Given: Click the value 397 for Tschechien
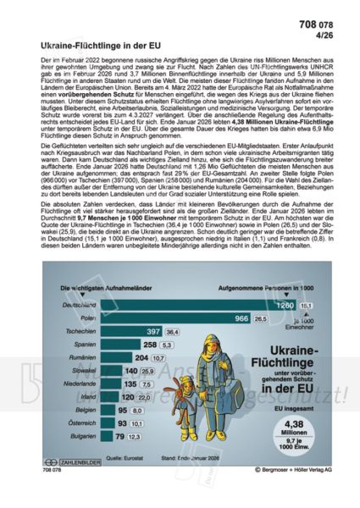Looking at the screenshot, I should [x=153, y=334].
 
